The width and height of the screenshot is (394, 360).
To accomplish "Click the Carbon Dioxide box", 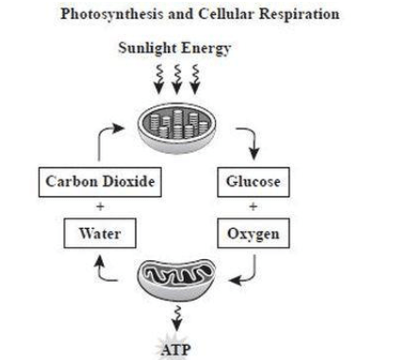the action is [100, 182].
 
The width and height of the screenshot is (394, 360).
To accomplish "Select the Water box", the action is [100, 234].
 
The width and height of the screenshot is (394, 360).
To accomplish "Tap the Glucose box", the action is [254, 182].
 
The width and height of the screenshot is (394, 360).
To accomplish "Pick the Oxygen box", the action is [254, 234].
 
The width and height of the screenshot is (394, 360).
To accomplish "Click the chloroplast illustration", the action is [177, 128].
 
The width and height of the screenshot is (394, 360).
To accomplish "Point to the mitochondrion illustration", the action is [176, 280].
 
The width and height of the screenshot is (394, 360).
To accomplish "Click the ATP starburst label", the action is [176, 350].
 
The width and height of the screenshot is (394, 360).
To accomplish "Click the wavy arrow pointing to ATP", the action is [177, 318].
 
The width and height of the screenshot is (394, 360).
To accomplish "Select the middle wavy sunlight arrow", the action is [177, 79].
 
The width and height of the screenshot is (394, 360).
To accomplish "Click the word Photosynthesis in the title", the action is [111, 14].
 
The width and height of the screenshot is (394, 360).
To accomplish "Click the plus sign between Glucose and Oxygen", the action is [254, 206].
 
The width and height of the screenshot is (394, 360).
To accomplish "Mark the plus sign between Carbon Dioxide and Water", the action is [100, 206].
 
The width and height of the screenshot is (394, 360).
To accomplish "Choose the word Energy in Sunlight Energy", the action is [206, 49].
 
